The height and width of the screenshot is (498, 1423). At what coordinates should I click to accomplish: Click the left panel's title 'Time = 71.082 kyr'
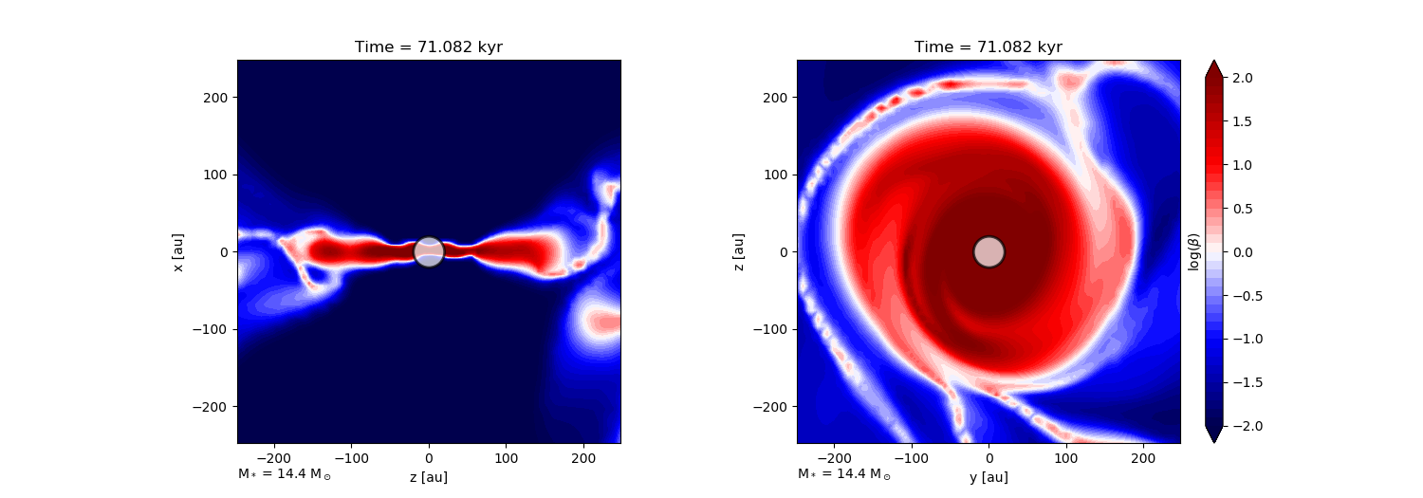[429, 47]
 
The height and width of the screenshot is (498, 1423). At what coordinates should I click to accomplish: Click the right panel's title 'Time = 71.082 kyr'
[989, 47]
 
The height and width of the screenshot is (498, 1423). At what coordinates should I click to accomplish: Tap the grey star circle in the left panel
[429, 252]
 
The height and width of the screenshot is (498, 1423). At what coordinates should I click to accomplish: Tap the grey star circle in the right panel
[989, 252]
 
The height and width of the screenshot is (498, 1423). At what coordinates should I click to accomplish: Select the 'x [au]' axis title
[178, 252]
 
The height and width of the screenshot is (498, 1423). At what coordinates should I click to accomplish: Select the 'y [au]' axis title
[989, 477]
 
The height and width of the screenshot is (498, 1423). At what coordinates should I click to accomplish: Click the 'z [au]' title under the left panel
[429, 477]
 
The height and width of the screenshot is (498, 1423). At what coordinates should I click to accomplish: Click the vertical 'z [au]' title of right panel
[737, 252]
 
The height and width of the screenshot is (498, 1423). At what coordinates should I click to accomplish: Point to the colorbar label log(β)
[1193, 252]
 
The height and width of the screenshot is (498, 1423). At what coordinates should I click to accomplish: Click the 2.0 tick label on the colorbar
[1243, 78]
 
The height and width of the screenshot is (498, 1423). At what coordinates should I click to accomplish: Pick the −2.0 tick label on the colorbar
[1247, 426]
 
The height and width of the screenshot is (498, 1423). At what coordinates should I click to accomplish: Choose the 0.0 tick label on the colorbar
[1243, 252]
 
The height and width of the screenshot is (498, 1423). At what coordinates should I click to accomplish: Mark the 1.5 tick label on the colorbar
[1243, 121]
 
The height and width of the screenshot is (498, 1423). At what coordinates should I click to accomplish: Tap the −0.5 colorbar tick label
[1247, 296]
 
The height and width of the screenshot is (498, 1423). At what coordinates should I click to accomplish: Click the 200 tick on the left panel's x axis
[583, 458]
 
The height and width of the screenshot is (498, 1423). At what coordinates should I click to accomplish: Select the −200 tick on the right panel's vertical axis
[770, 407]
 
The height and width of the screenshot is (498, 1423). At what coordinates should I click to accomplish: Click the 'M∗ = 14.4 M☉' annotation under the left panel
[285, 474]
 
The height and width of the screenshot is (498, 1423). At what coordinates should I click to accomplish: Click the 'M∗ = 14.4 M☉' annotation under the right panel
[844, 474]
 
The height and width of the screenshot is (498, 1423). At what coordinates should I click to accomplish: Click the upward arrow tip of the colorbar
[1214, 61]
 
